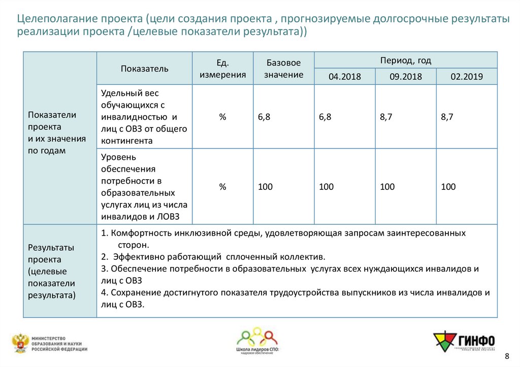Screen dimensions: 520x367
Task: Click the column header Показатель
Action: (x=144, y=69)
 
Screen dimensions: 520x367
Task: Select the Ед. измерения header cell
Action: (x=222, y=69)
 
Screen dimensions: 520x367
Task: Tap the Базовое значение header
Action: (x=283, y=69)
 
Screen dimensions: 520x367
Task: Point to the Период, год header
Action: (x=405, y=60)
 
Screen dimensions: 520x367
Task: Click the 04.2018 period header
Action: (x=344, y=77)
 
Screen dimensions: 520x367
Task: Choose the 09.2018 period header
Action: (x=405, y=77)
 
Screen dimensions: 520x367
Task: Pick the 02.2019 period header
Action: (x=466, y=77)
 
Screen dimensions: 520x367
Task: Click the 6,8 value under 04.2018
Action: (x=325, y=117)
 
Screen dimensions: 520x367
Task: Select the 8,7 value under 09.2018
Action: (x=386, y=117)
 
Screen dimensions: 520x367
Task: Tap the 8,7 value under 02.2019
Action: (x=447, y=117)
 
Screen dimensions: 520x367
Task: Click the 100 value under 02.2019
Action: (x=448, y=187)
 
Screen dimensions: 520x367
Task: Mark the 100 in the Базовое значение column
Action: (x=265, y=187)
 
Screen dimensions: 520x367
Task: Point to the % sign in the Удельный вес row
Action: (x=222, y=117)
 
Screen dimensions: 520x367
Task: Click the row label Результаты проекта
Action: (x=51, y=271)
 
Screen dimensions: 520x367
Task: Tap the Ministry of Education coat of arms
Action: (x=20, y=343)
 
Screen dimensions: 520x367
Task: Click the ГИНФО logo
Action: (x=463, y=341)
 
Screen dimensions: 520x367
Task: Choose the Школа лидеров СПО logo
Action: (x=257, y=341)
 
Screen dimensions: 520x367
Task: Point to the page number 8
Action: (x=506, y=355)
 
